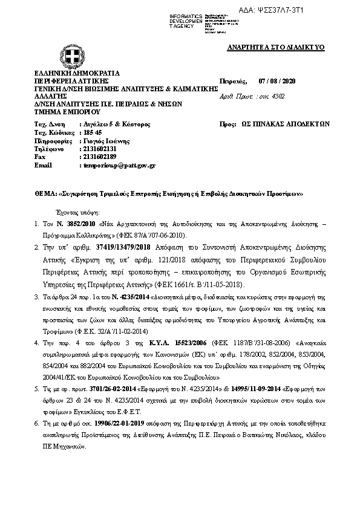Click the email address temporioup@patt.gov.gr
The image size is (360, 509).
pyautogui.click(x=118, y=165)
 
